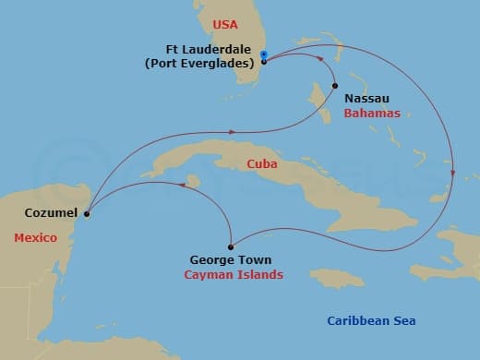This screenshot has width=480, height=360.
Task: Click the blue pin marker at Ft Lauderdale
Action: click(x=264, y=55)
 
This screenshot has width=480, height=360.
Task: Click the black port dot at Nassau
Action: click(x=335, y=86)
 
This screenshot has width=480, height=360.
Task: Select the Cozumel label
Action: click(x=46, y=213)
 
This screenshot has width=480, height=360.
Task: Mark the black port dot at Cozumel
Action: click(x=87, y=214)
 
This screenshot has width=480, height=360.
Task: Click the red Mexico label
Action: click(x=35, y=238)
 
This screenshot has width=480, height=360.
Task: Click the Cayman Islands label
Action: click(x=234, y=275)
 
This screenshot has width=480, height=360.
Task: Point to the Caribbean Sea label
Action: click(x=371, y=320)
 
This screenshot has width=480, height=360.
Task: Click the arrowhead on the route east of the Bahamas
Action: click(x=453, y=171)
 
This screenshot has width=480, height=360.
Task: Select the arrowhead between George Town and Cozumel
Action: click(x=182, y=185)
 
